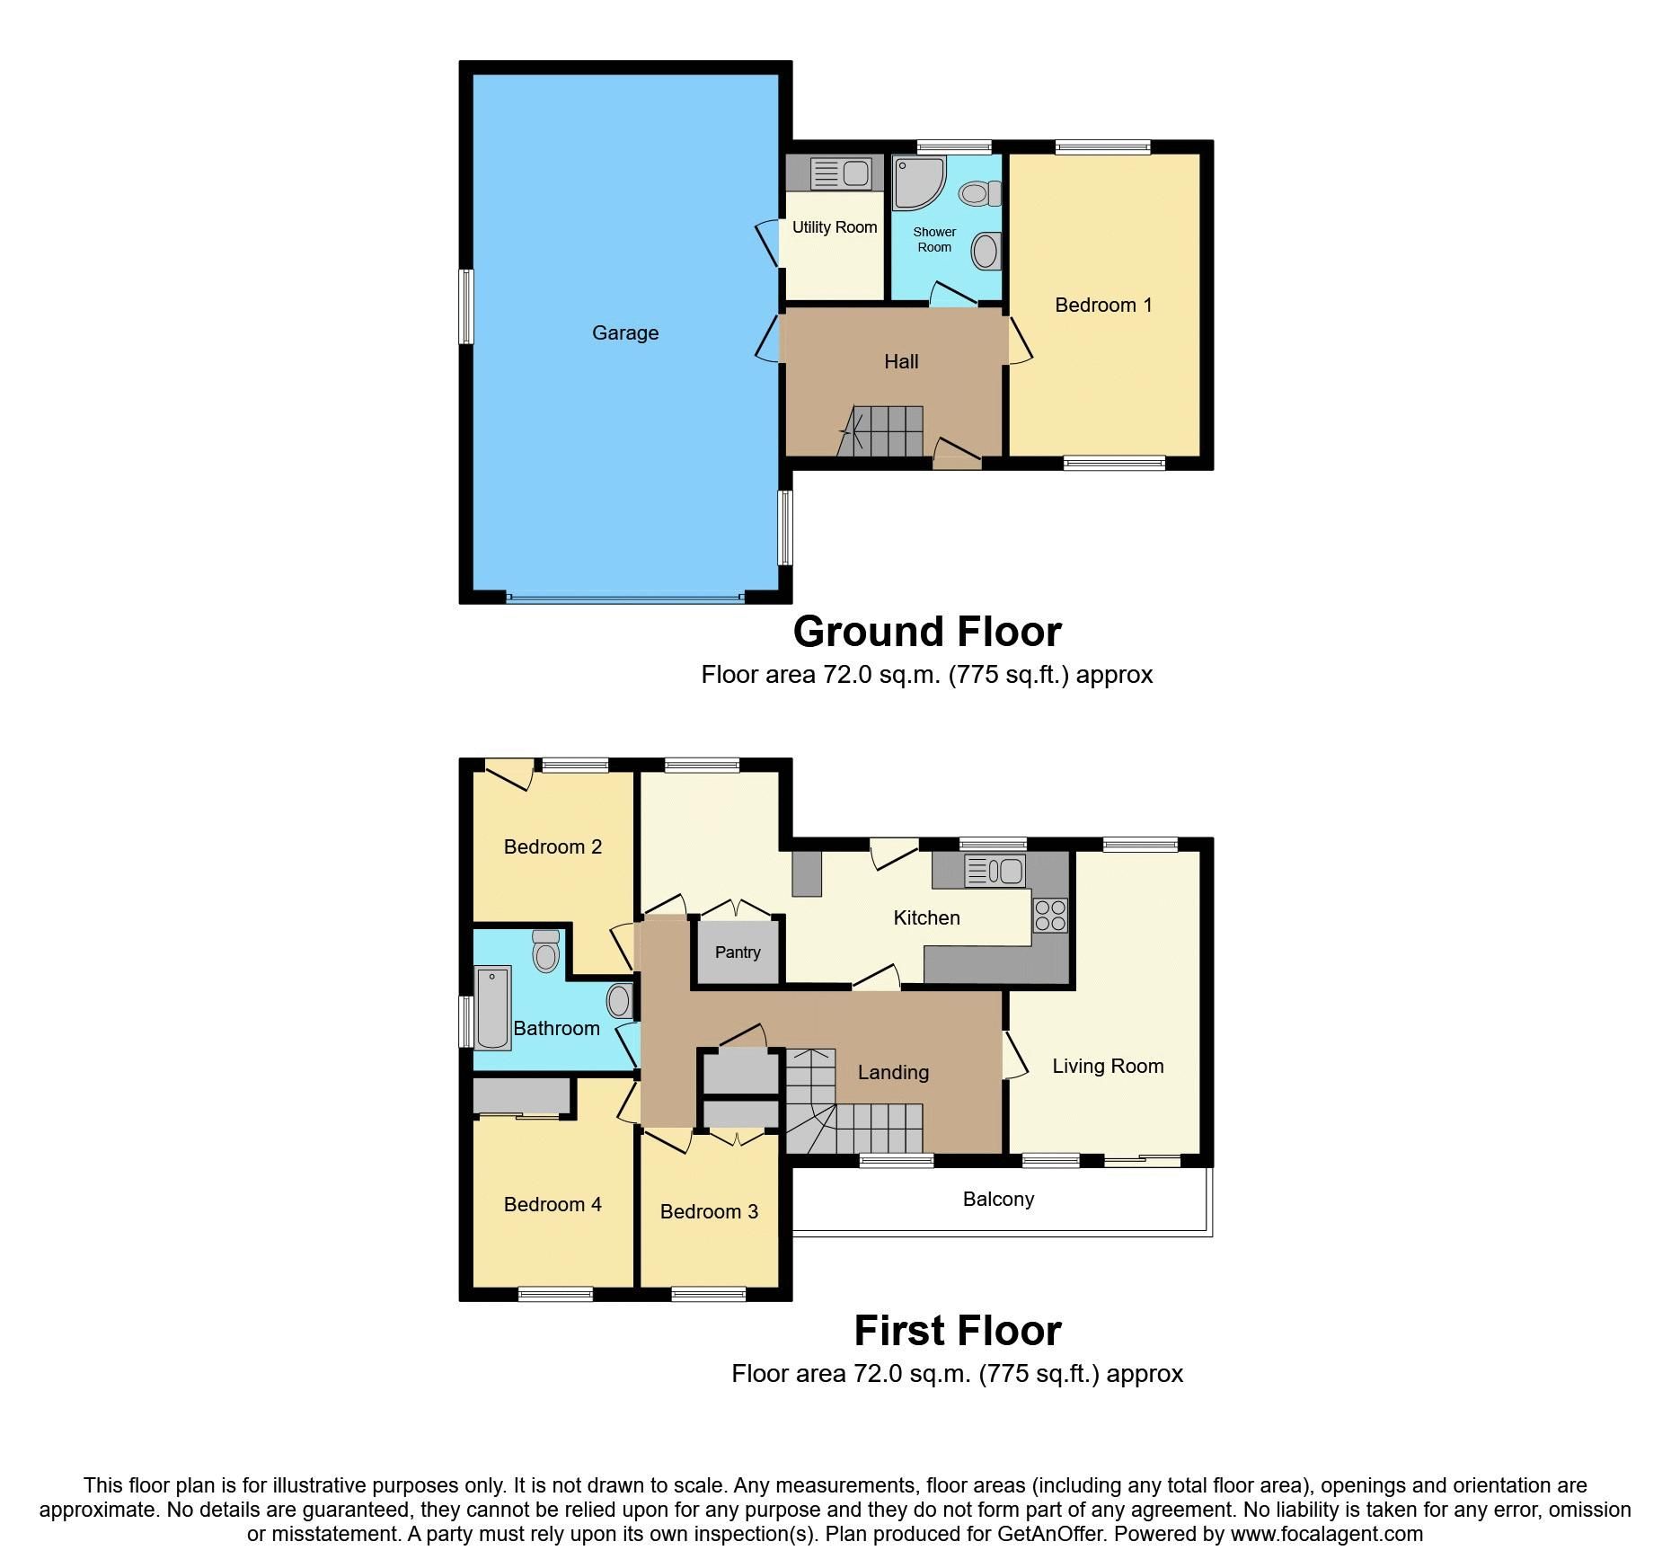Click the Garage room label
tap(625, 333)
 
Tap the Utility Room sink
tap(841, 173)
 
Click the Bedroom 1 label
tap(1103, 306)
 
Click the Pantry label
tap(738, 952)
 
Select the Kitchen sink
tap(995, 871)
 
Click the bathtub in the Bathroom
tap(492, 1007)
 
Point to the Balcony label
tap(998, 1200)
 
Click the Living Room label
tap(1108, 1067)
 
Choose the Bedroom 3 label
tap(709, 1212)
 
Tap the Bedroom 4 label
tap(553, 1205)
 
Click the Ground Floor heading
tap(927, 632)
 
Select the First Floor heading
tap(958, 1331)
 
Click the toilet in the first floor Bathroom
tap(545, 952)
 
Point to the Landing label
tap(893, 1073)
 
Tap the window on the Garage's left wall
tap(465, 306)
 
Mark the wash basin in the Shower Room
tap(986, 251)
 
